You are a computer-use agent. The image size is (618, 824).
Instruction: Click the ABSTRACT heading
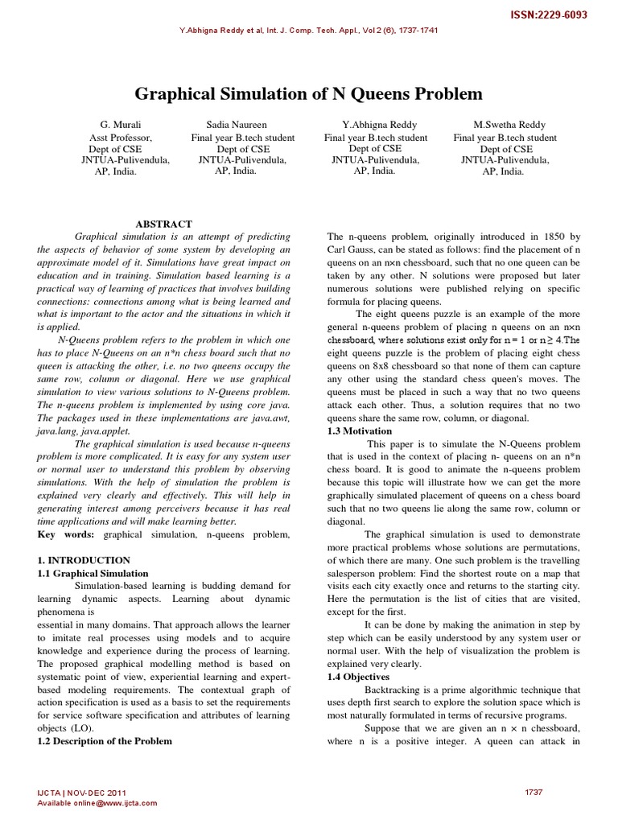click(163, 224)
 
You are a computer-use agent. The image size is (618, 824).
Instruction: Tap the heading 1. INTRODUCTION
click(84, 560)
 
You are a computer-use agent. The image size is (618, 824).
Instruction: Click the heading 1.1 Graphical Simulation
click(93, 574)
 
